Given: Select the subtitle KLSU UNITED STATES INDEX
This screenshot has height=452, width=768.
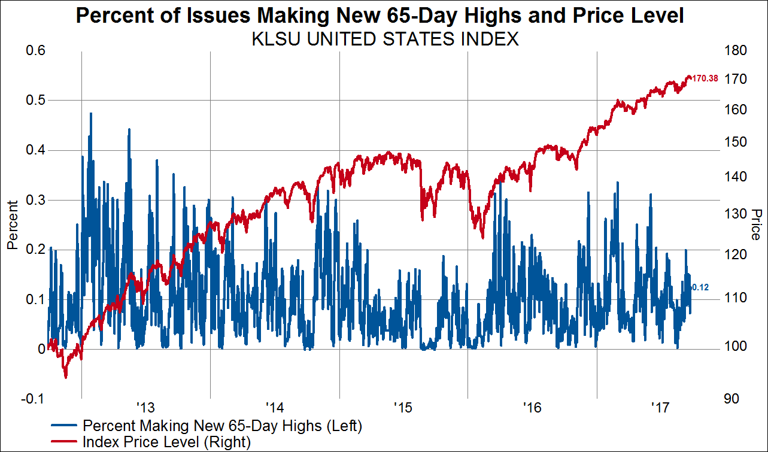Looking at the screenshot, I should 385,40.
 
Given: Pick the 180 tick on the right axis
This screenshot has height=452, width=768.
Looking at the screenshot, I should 734,51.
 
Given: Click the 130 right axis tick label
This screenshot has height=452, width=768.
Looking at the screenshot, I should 734,214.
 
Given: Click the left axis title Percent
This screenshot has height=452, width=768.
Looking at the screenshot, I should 11,225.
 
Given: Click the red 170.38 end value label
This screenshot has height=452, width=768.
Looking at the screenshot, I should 705,78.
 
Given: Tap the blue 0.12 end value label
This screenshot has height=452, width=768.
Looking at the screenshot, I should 700,287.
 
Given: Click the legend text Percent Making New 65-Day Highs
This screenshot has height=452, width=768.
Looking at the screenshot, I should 223,426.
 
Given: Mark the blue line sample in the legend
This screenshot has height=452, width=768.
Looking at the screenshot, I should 64,426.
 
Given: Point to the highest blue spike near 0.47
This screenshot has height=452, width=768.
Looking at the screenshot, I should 91,113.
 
